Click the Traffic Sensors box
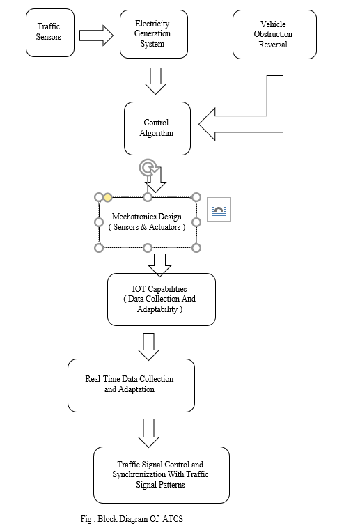coord(50,33)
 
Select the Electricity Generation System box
coord(154,34)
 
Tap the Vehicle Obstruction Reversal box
coord(274,34)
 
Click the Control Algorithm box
coord(157,129)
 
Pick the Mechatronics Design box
coord(148,222)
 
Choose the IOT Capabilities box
coord(162,300)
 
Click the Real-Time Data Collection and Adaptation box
coord(131,386)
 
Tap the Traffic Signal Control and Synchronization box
coord(162,475)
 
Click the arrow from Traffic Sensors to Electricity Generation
coord(96,36)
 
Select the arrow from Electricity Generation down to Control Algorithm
coord(155,81)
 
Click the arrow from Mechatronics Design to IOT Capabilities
coord(159,265)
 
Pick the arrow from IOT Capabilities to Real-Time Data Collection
coord(148,346)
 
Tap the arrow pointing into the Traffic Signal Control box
coord(148,433)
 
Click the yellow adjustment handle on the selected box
coord(107,197)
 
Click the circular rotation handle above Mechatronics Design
coord(148,168)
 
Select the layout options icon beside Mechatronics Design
coord(219,210)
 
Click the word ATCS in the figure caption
coord(173,518)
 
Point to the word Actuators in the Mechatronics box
coord(165,227)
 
